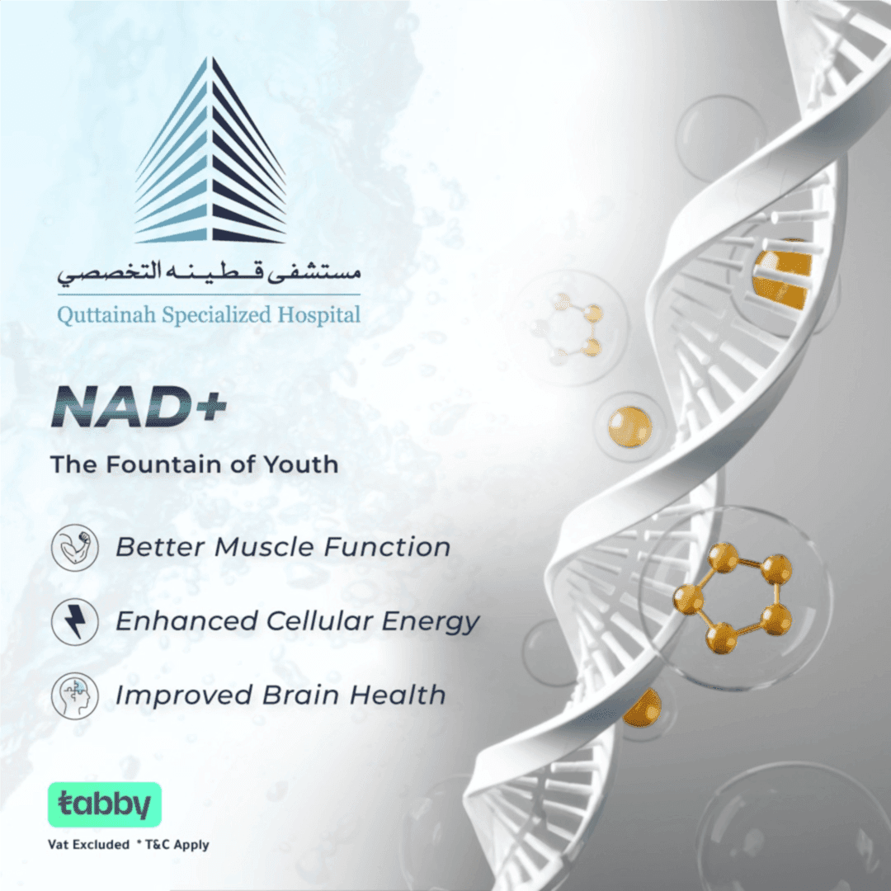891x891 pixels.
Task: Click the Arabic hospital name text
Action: [209, 272]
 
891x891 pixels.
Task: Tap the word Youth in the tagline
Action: [300, 464]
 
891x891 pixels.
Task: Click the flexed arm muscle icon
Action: [75, 549]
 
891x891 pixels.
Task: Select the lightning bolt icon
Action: [75, 621]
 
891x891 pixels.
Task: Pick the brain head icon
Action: [75, 695]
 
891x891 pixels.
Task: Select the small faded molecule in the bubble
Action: [571, 327]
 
